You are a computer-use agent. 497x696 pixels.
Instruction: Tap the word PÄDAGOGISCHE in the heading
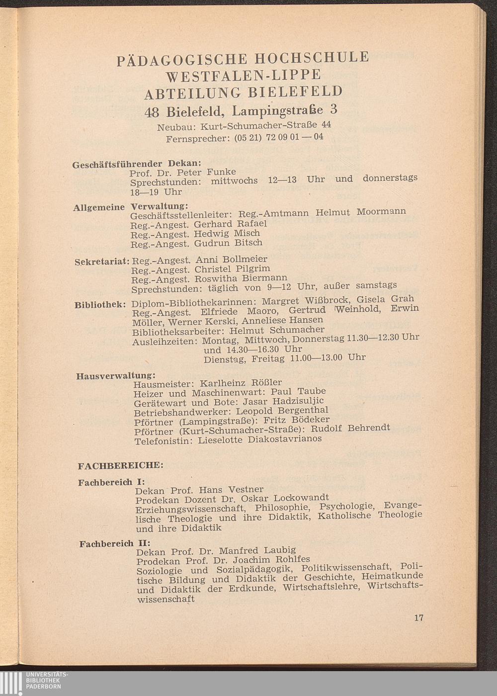point(182,60)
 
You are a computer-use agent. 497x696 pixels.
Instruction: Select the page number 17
point(418,618)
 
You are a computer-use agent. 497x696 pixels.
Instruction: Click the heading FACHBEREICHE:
point(121,466)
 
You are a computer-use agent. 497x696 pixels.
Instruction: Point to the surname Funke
point(221,172)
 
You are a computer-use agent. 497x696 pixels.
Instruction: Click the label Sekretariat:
point(102,261)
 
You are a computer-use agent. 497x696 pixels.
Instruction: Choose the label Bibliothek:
point(99,305)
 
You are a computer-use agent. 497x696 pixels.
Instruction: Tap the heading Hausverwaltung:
point(116,375)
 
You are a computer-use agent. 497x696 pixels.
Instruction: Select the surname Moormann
point(381,211)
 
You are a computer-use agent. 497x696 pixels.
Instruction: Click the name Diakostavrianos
point(285,439)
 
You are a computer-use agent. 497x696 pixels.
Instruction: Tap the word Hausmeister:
point(164,384)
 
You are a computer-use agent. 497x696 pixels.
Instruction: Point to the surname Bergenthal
point(303,411)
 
